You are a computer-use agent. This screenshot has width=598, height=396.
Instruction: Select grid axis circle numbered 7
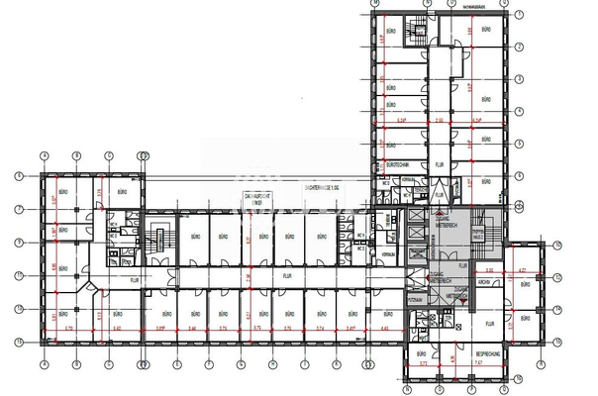18,209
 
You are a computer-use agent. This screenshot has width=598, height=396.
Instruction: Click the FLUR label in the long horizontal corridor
287,276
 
